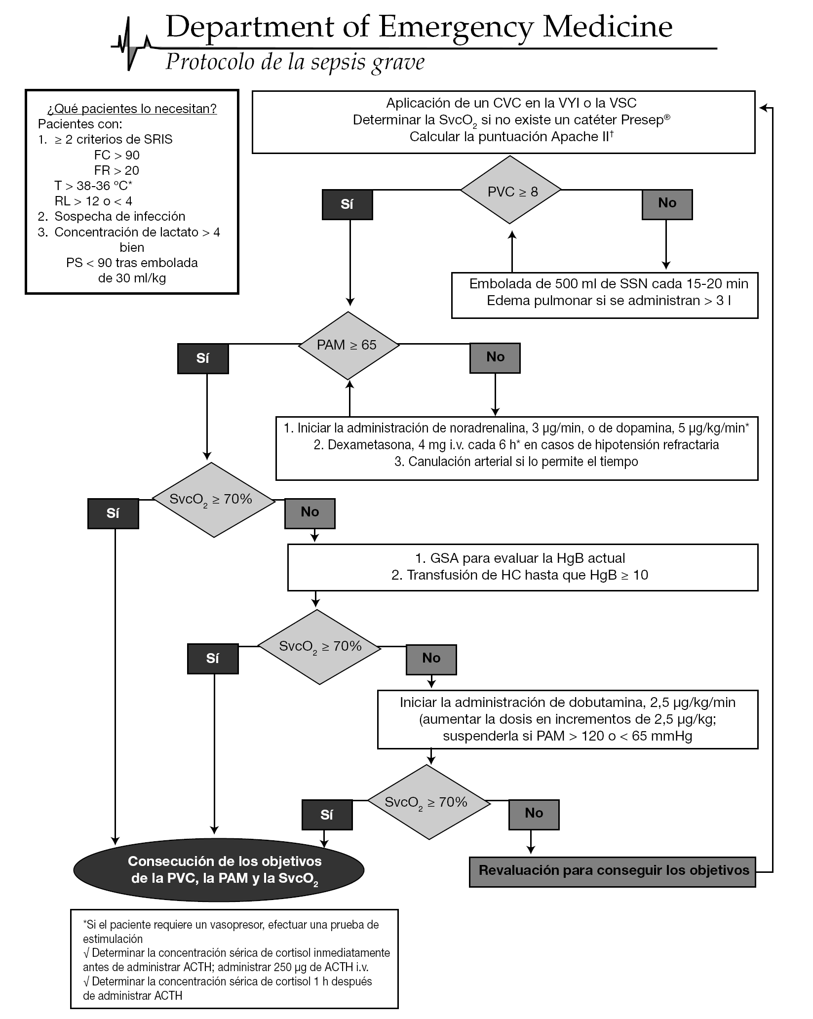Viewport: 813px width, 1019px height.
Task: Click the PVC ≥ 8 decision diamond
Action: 511,190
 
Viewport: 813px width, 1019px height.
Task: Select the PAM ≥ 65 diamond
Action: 348,345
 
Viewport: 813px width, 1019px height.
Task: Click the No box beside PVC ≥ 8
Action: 667,203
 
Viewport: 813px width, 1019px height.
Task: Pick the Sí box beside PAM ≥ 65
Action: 203,358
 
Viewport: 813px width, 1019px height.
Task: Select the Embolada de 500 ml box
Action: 604,295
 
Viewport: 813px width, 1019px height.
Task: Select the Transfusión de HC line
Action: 519,575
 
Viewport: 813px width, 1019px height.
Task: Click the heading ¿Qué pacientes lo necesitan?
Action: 132,109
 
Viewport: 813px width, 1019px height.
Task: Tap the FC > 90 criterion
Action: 117,155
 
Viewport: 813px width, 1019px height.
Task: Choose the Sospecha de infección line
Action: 119,216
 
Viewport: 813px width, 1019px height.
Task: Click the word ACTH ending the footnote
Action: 168,995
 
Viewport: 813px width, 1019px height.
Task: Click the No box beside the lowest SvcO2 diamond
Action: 534,814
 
